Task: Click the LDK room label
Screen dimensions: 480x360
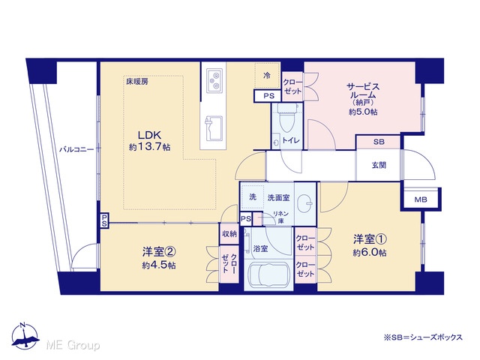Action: (x=149, y=135)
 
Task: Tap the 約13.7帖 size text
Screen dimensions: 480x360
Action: (x=149, y=147)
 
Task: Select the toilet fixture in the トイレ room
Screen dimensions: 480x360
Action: (x=287, y=118)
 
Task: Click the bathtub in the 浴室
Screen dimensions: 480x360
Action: (x=268, y=274)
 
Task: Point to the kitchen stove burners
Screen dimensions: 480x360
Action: (x=214, y=80)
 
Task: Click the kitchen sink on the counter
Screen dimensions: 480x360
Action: (x=214, y=128)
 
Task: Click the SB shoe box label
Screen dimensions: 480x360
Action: (x=379, y=142)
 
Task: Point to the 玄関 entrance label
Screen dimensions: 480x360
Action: (x=379, y=165)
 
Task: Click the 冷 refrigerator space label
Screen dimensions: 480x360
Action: (x=267, y=75)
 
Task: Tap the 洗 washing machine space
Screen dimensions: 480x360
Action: (x=253, y=196)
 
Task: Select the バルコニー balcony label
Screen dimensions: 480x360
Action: (x=76, y=150)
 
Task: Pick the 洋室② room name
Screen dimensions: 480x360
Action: (x=158, y=252)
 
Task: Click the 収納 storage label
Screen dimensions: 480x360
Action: (x=229, y=234)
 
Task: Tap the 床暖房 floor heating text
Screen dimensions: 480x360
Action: (x=136, y=82)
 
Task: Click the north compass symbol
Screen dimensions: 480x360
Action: (x=25, y=336)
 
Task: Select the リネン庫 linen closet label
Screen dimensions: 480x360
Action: (x=280, y=217)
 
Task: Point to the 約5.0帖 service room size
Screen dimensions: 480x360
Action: (x=363, y=112)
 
